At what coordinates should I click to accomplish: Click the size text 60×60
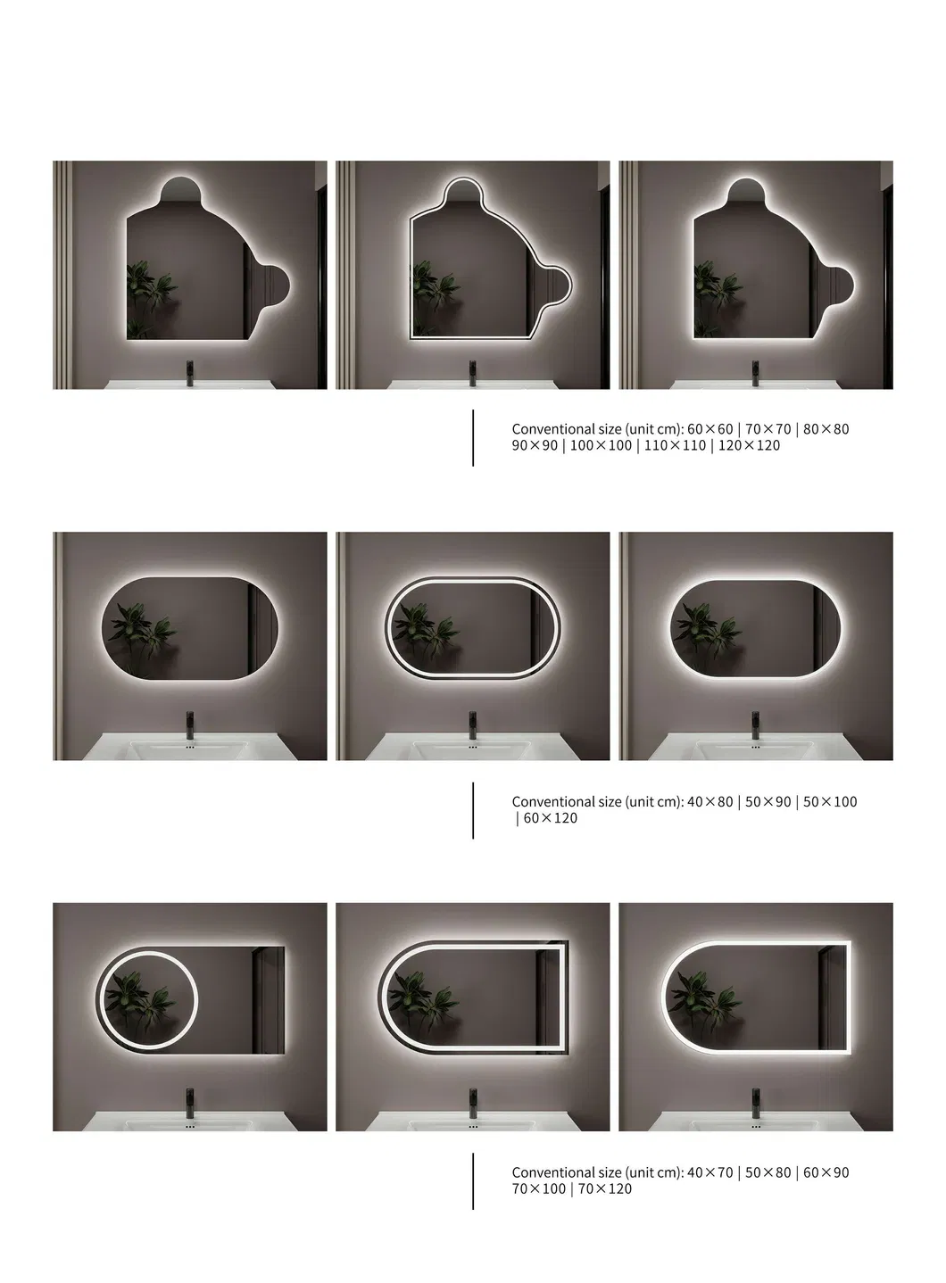709,429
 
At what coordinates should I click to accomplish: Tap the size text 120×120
749,445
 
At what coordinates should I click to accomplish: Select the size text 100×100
601,445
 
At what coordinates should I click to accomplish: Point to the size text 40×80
709,802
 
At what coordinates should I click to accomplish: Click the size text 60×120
550,818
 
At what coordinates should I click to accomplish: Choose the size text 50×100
830,802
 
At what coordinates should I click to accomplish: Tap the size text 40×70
709,1172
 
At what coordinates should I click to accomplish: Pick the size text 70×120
605,1189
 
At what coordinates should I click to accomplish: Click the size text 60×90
826,1172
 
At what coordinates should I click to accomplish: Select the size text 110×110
675,445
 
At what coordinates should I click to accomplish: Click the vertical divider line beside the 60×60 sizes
473,437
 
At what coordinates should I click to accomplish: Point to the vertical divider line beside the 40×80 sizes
473,810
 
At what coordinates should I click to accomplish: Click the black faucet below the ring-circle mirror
190,1098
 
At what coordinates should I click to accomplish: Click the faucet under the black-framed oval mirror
473,725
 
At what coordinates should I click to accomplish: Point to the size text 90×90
535,445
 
